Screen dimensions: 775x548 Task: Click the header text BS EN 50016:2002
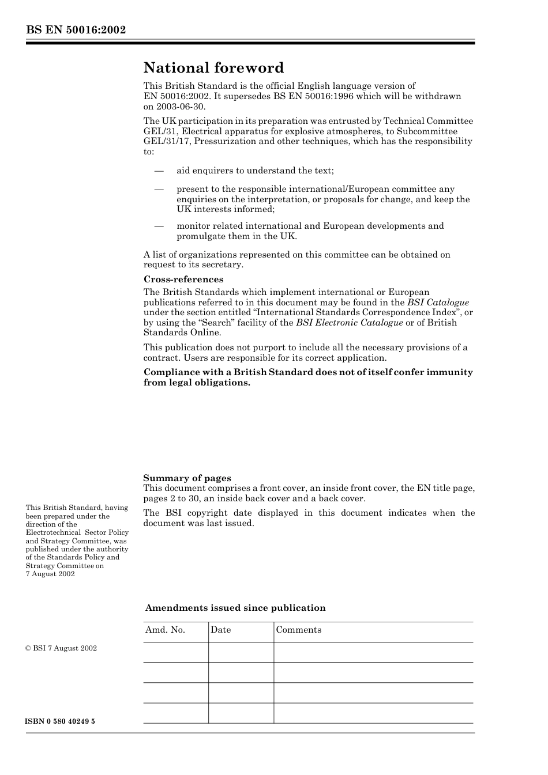[76, 30]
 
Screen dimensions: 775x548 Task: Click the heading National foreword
[213, 68]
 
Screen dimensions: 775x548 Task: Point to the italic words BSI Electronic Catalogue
[349, 323]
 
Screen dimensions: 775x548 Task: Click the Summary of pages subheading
[187, 478]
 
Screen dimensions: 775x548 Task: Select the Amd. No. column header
[165, 630]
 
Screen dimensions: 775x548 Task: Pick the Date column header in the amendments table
[220, 630]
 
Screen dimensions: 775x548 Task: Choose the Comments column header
[298, 630]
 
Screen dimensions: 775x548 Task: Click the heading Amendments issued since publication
[235, 608]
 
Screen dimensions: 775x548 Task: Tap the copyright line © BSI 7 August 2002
[61, 648]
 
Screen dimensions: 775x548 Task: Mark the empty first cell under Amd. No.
[175, 652]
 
